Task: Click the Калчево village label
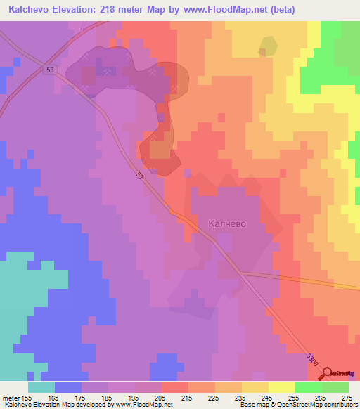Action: coord(226,224)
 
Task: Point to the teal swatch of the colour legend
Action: coord(41,387)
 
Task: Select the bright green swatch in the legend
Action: coord(308,387)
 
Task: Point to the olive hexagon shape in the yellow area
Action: coord(268,46)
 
